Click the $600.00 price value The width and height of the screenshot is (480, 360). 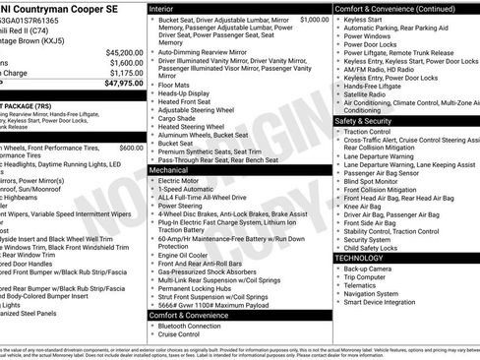(132, 147)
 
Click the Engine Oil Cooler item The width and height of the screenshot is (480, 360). (187, 254)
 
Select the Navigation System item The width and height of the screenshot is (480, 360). (372, 293)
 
